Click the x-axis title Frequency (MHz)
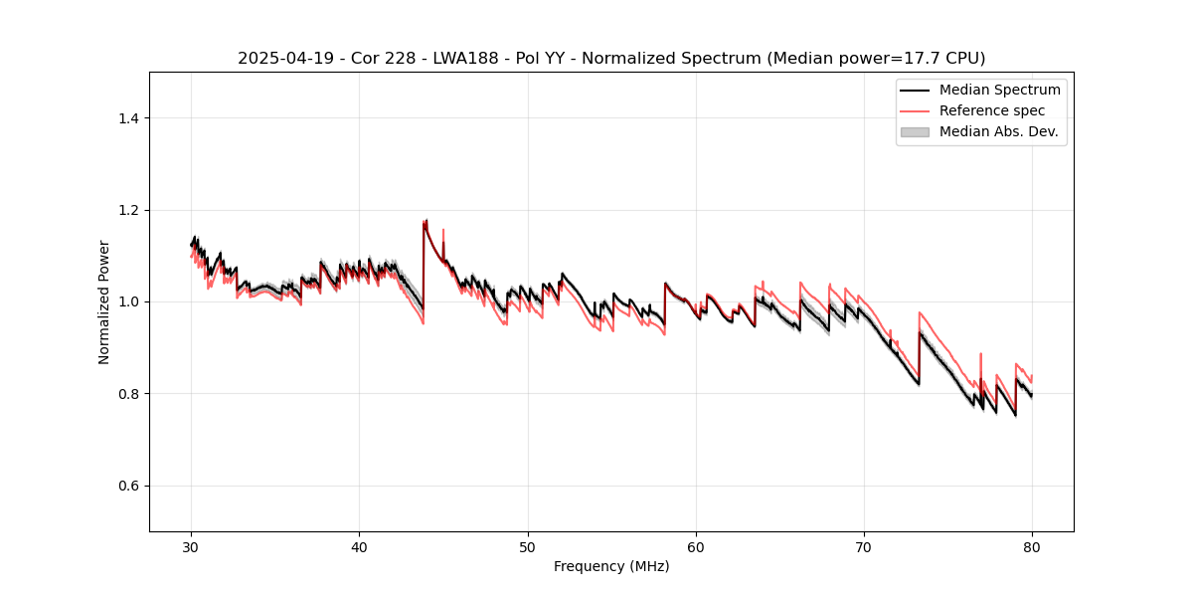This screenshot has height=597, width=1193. coord(611,566)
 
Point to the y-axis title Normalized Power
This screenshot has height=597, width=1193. coord(104,301)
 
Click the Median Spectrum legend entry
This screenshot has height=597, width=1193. coord(999,90)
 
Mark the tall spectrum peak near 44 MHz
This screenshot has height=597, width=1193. coord(426,221)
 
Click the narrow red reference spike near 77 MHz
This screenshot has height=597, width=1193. coord(980,353)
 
